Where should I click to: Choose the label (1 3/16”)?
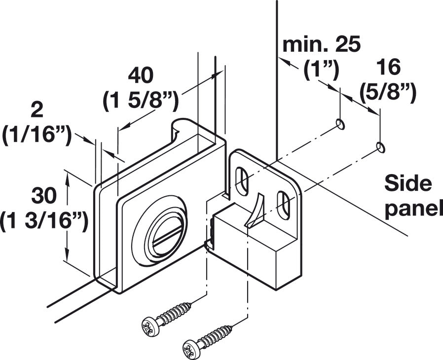[x=44, y=220]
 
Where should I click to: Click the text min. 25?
[x=322, y=45]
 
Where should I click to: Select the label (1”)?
[x=321, y=71]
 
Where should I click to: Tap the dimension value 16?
[x=388, y=66]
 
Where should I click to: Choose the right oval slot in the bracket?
[x=284, y=203]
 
